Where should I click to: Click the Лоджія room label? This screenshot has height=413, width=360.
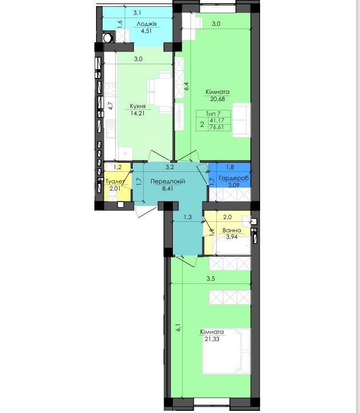pos(147,24)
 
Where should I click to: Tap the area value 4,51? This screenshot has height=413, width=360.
pos(147,31)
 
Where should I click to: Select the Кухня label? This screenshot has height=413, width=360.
pos(138,107)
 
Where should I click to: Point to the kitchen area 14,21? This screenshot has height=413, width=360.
pos(137,114)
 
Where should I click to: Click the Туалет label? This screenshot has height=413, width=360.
pos(115,181)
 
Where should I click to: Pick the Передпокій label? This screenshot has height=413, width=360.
pos(168,181)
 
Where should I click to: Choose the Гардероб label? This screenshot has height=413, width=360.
pos(234,178)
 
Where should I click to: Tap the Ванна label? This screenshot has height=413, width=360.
pos(232,230)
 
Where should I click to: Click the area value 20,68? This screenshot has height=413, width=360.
pos(218,99)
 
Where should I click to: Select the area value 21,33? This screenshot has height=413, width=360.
pos(212,339)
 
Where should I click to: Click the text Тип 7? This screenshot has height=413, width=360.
pos(213,114)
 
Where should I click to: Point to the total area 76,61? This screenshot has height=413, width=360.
pos(216,127)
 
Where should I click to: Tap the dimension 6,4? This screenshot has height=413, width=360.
pos(187,86)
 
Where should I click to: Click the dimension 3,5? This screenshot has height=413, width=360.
pos(211,278)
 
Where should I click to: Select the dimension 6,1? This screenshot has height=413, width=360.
pos(178,327)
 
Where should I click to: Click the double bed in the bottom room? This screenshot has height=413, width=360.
pos(226,351)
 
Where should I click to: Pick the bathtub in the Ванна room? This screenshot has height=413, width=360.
pos(233,246)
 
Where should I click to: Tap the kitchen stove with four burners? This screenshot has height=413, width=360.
pos(111,90)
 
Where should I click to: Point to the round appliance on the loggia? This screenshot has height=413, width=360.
pos(108,38)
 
